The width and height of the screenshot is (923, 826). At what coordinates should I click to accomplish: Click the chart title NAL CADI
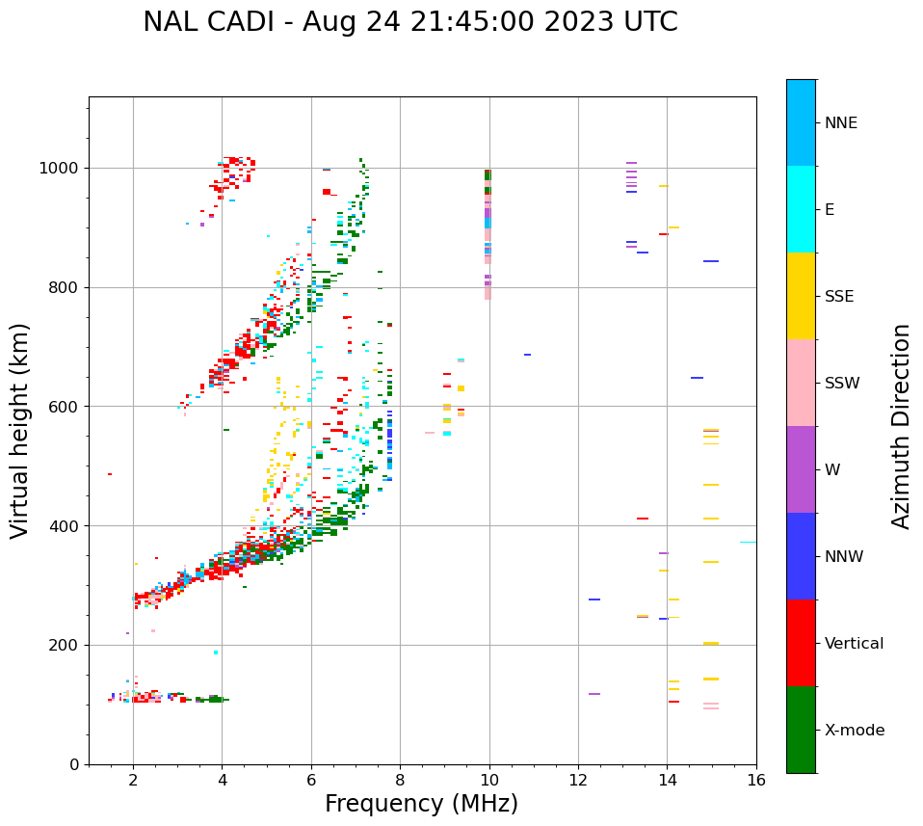pyautogui.click(x=409, y=22)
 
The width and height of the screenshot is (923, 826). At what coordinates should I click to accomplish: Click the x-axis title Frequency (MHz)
pyautogui.click(x=421, y=804)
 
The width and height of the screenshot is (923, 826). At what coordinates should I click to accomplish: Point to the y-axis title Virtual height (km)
pyautogui.click(x=20, y=431)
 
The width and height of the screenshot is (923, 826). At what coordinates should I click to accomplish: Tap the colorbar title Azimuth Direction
pyautogui.click(x=901, y=426)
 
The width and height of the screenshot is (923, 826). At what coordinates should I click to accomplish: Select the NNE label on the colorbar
pyautogui.click(x=840, y=123)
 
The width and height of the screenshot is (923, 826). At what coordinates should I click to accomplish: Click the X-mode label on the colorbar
pyautogui.click(x=854, y=731)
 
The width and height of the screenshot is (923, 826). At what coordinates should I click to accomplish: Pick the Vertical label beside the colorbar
pyautogui.click(x=854, y=644)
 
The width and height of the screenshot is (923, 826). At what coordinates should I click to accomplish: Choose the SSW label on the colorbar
pyautogui.click(x=842, y=384)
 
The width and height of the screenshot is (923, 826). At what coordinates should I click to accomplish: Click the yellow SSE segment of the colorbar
pyautogui.click(x=801, y=296)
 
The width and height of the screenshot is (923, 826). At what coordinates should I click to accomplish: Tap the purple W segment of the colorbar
pyautogui.click(x=801, y=469)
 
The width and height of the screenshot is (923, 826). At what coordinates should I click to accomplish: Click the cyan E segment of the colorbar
pyautogui.click(x=801, y=209)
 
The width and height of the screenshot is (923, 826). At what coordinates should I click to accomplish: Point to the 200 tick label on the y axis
pyautogui.click(x=66, y=645)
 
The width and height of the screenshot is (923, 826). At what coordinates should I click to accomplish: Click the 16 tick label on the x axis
pyautogui.click(x=756, y=780)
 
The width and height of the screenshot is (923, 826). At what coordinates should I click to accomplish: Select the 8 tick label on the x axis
pyautogui.click(x=400, y=780)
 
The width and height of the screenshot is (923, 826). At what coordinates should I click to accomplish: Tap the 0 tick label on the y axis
pyautogui.click(x=73, y=764)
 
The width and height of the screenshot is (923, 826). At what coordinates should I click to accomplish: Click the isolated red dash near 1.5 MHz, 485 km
pyautogui.click(x=110, y=474)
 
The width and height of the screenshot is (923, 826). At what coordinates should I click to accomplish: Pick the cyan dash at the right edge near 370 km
pyautogui.click(x=748, y=543)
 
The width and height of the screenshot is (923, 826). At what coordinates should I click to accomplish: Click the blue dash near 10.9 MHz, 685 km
pyautogui.click(x=527, y=355)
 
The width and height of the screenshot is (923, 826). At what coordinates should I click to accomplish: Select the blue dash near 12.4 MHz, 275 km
pyautogui.click(x=594, y=600)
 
